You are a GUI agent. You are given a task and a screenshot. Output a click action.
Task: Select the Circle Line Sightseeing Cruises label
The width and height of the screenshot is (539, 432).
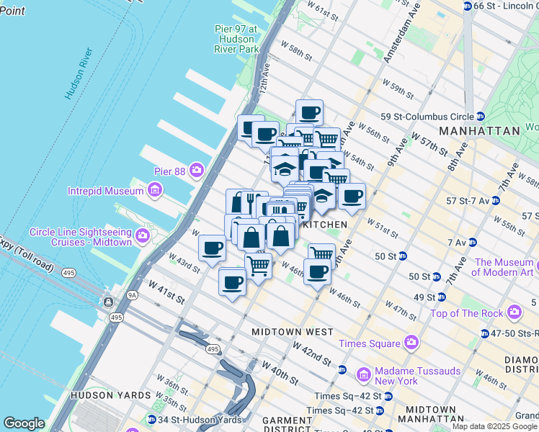pos(81,237)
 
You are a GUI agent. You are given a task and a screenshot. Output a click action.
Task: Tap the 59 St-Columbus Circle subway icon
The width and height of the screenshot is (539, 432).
pos(480,117)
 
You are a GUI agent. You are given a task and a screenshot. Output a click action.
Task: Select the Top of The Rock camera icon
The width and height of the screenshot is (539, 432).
pos(514,312)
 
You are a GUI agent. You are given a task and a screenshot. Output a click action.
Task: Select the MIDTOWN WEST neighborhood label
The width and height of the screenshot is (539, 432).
pos(293,332)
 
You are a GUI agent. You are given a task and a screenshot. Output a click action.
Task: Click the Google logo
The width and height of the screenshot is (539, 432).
pos(24,423)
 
